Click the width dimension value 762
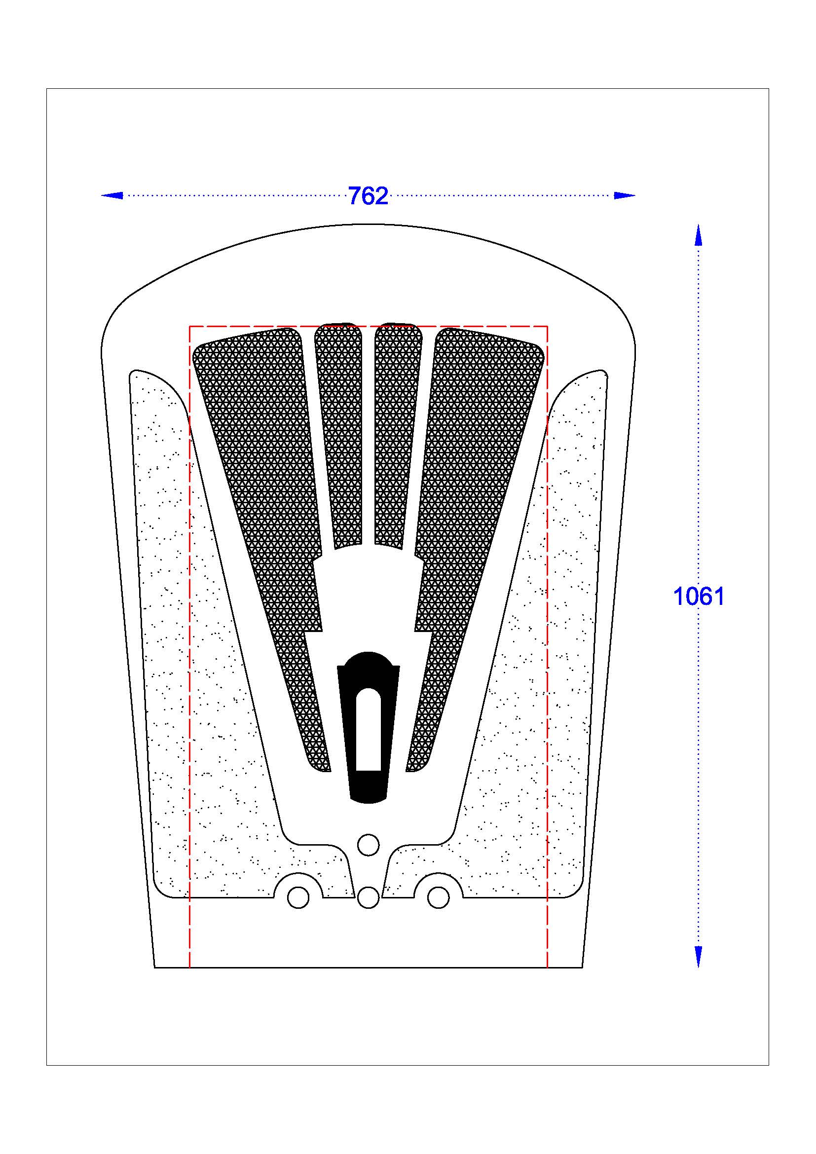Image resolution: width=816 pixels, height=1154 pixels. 369,196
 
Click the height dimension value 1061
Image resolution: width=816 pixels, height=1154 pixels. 699,596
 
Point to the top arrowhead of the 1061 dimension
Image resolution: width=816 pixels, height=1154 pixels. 698,235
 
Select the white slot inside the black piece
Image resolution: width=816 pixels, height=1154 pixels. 369,729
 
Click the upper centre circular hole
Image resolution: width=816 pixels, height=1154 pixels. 369,844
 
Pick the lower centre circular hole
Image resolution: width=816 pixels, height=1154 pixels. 369,897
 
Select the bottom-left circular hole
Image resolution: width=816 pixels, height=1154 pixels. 298,897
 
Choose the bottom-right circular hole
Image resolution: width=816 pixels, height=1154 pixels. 438,897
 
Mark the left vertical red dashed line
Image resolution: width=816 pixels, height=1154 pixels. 189,653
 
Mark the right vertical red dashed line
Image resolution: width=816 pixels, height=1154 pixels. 547,653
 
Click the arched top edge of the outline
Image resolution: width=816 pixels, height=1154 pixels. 369,224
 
